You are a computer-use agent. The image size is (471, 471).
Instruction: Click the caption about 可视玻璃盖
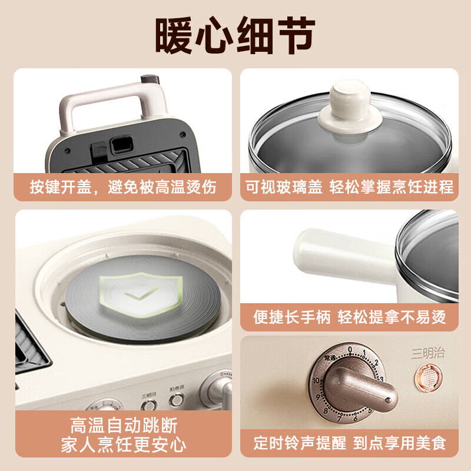tap(350, 187)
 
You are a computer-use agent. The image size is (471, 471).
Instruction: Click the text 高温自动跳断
tap(123, 426)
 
